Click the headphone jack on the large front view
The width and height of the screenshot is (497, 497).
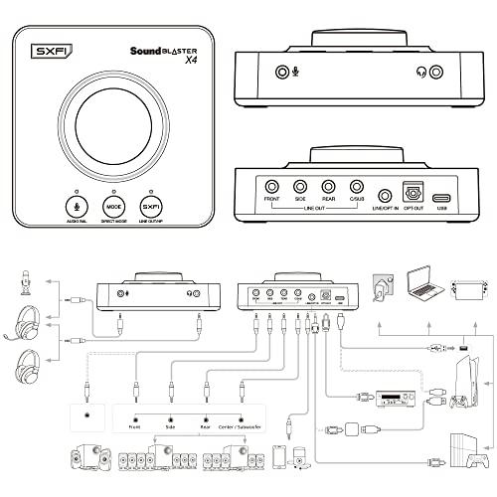[425, 71]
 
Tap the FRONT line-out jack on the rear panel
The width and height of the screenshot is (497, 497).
[271, 186]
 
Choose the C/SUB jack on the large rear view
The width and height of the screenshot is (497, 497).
[357, 186]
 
